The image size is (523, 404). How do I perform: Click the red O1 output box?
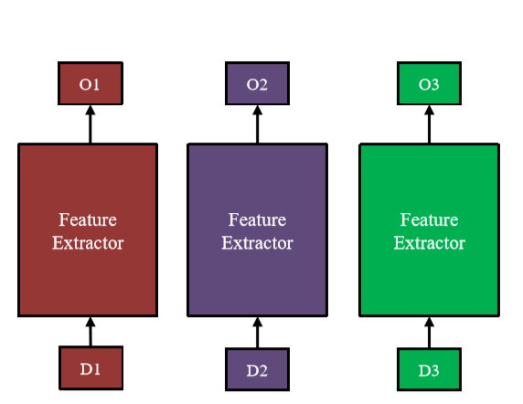click(89, 84)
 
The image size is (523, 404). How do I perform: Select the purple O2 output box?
click(257, 84)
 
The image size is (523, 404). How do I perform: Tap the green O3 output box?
click(429, 84)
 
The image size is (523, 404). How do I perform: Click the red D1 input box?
click(89, 368)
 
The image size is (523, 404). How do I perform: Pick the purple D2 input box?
click(257, 369)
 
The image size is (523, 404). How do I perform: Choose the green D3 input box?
click(429, 369)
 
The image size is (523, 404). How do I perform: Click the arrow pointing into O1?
click(90, 123)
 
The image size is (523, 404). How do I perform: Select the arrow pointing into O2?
click(257, 123)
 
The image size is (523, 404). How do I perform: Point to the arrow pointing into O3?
click(429, 123)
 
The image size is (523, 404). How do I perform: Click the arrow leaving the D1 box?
click(90, 331)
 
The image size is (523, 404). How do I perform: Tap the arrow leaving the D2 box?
click(257, 332)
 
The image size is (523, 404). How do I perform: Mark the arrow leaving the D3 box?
click(429, 332)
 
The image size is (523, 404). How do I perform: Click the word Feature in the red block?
click(88, 220)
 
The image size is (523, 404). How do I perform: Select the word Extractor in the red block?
click(88, 243)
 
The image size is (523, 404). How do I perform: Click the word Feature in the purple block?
click(257, 220)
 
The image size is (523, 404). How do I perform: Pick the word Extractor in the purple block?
click(257, 243)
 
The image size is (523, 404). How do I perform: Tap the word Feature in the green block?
click(429, 220)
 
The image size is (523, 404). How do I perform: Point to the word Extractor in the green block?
click(429, 243)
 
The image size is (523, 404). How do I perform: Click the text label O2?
click(257, 84)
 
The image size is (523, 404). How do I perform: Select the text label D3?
click(429, 369)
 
